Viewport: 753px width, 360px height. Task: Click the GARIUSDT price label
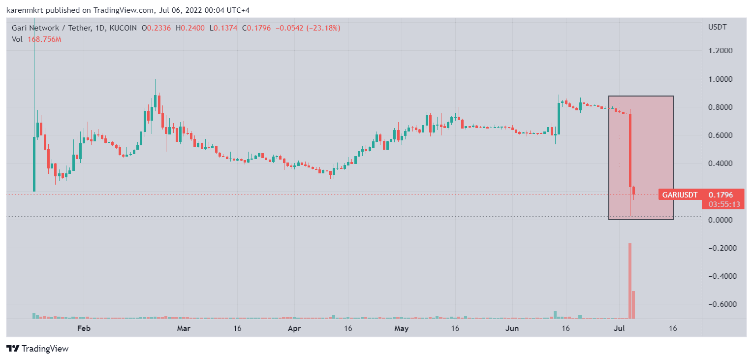680,195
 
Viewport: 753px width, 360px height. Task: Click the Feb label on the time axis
84,328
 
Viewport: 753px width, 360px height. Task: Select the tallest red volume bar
629,281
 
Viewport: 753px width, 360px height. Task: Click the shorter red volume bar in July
633,304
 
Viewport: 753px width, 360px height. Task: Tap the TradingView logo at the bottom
38,349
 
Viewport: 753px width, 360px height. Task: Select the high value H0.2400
190,28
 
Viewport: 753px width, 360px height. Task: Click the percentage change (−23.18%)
323,28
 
